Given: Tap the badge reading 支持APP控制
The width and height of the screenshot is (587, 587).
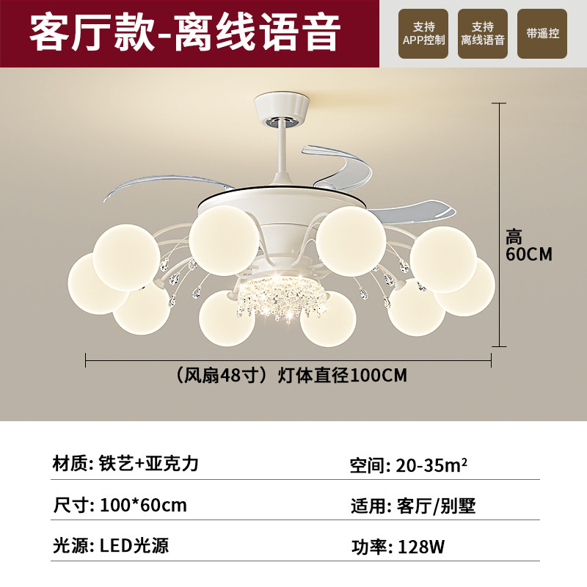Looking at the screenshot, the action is coord(424,34).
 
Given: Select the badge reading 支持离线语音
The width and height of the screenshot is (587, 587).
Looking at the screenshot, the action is coord(483,34).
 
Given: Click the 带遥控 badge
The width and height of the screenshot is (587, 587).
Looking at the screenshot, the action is coord(542,34).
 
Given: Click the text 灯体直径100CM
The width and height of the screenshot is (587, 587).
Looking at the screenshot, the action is coord(342,376).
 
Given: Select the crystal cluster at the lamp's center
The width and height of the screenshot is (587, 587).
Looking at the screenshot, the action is coord(274,293).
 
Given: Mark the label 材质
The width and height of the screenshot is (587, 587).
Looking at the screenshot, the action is coord(69,464).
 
